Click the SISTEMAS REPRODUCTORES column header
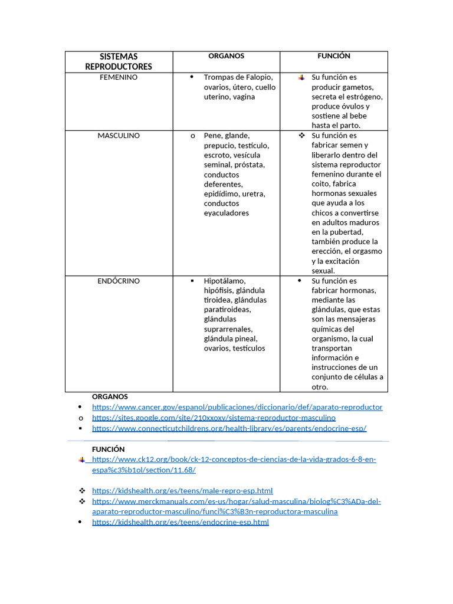(119, 61)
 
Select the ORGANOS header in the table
(226, 56)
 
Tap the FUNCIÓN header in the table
(334, 56)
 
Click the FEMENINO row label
(119, 77)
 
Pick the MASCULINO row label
(119, 136)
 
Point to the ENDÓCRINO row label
(119, 281)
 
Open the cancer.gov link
(237, 407)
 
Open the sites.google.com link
(214, 418)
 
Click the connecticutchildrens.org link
(229, 428)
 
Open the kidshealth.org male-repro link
(182, 491)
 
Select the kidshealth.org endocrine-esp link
(180, 522)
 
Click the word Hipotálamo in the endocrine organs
(225, 281)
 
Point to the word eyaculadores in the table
(226, 213)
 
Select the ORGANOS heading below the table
(110, 396)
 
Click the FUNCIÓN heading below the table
(108, 449)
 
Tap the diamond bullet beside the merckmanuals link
(82, 501)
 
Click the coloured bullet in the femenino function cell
(301, 78)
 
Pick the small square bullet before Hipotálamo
(192, 281)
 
